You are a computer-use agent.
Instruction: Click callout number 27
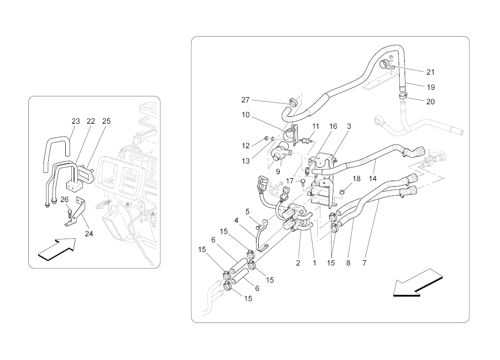point(245,100)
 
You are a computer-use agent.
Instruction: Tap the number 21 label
point(431,72)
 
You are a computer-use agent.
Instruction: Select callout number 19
point(431,87)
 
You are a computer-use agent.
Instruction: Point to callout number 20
point(431,102)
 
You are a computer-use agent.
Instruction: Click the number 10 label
point(245,114)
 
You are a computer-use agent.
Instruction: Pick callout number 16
point(333,126)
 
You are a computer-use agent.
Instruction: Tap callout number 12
point(245,145)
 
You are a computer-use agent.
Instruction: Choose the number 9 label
point(278,171)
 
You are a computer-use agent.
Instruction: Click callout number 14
point(373,178)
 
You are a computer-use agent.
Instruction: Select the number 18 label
point(356,178)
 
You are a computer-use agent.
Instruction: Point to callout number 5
point(248,212)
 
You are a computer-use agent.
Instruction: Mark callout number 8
point(348,263)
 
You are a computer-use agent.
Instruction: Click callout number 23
point(75,121)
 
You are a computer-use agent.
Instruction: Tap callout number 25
point(106,121)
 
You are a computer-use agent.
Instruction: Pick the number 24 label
point(89,234)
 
